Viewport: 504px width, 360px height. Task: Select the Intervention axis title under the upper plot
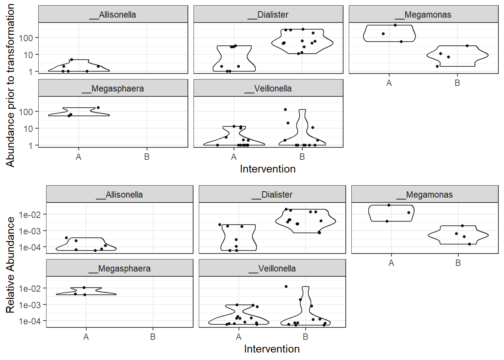(x=268, y=169)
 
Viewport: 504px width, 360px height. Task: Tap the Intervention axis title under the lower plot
(x=272, y=349)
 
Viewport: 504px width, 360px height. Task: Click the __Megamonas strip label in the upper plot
(x=423, y=15)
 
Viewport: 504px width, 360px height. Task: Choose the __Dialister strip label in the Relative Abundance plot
(x=272, y=195)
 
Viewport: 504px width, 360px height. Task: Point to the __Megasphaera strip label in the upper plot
(x=113, y=88)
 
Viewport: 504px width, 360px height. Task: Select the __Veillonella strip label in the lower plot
(x=272, y=268)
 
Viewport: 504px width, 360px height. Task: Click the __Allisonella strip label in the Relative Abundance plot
(x=120, y=195)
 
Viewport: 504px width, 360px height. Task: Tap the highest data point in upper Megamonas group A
(x=395, y=25)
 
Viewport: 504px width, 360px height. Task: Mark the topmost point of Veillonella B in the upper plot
(x=285, y=109)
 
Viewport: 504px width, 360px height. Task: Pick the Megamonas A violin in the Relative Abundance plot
(x=391, y=213)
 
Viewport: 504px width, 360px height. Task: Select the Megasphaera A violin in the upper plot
(x=79, y=112)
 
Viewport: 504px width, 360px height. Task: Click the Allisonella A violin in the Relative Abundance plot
(x=86, y=244)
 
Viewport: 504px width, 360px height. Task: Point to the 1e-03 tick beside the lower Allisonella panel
(x=30, y=231)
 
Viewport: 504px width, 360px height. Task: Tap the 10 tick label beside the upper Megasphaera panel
(x=28, y=129)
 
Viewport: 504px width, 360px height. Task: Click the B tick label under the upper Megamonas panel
(x=457, y=83)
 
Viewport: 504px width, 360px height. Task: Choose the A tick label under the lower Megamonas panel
(x=391, y=263)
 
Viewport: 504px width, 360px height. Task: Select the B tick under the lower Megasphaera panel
(x=153, y=337)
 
